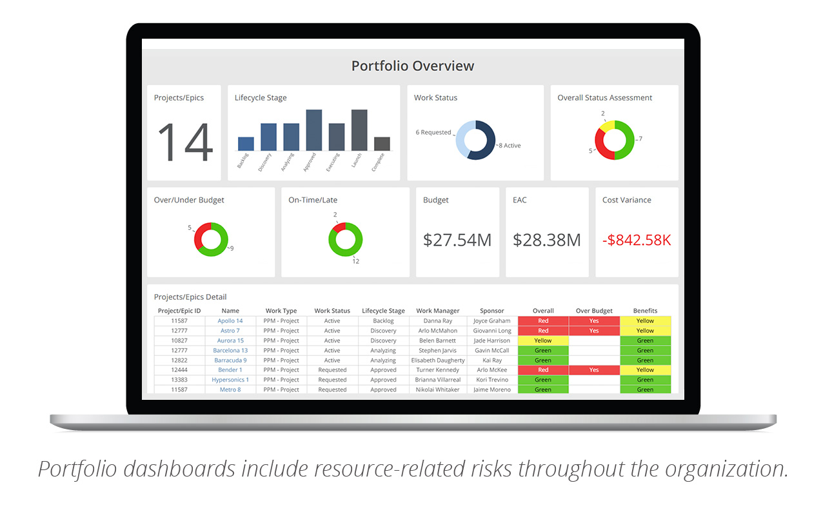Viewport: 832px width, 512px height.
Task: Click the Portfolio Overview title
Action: coord(412,66)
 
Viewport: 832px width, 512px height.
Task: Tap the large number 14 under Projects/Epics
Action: coord(184,143)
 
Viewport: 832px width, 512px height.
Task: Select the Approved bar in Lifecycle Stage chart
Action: coord(314,130)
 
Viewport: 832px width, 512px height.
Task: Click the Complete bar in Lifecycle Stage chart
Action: coord(382,144)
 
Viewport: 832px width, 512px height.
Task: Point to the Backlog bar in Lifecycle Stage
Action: coord(246,144)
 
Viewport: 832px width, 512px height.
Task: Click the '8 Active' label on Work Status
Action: coord(510,146)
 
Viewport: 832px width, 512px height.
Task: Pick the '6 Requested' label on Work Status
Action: coord(433,132)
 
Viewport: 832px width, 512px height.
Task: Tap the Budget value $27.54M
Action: coord(457,240)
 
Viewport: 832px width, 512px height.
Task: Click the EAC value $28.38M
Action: coord(547,240)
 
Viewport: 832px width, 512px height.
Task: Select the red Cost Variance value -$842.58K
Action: coord(637,240)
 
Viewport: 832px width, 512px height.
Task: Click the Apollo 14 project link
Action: coord(230,320)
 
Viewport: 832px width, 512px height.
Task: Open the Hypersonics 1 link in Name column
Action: coord(230,380)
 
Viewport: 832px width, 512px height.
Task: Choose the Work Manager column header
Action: coord(437,311)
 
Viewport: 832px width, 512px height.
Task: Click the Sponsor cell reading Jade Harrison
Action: coord(491,340)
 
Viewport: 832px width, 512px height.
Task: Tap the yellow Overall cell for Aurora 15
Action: coord(543,340)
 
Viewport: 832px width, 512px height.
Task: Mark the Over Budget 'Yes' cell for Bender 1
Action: coord(594,370)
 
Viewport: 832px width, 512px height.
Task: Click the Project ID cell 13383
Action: coord(180,380)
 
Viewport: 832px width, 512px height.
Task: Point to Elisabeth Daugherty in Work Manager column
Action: coord(437,360)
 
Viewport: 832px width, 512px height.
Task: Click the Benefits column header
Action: coord(645,311)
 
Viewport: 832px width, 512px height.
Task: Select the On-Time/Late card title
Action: coord(313,200)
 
